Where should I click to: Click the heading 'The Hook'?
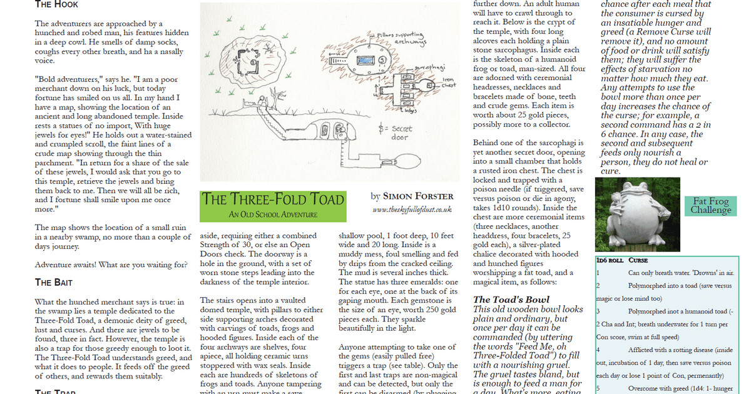pyautogui.click(x=56, y=4)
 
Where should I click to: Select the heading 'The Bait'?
pyautogui.click(x=54, y=282)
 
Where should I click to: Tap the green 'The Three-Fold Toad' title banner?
pyautogui.click(x=273, y=200)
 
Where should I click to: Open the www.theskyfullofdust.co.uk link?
pyautogui.click(x=412, y=211)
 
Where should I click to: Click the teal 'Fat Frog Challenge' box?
pyautogui.click(x=710, y=205)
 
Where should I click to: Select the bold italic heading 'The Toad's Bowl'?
pyautogui.click(x=511, y=300)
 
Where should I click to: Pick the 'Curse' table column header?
pyautogui.click(x=638, y=260)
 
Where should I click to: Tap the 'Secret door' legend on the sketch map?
pyautogui.click(x=394, y=133)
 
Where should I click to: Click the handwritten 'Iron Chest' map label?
pyautogui.click(x=449, y=82)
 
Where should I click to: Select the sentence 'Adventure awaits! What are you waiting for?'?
pyautogui.click(x=111, y=265)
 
